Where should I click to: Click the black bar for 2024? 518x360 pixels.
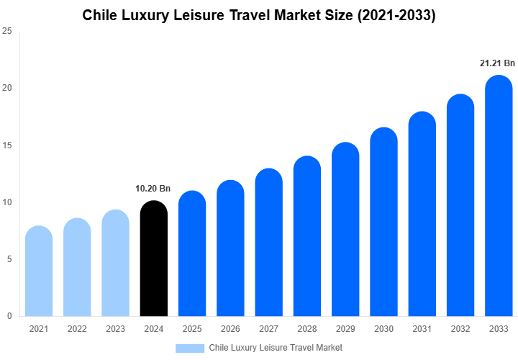click(153, 259)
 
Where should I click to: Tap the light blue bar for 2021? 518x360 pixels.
click(39, 271)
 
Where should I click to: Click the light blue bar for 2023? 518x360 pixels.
click(115, 264)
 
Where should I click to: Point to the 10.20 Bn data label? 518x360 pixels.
click(153, 189)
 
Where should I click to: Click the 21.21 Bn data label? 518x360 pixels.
click(498, 63)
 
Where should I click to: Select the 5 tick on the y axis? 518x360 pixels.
click(9, 259)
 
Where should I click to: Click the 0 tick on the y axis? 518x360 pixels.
click(9, 316)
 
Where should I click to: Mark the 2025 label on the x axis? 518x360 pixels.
click(192, 329)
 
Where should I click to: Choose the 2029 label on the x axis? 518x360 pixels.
click(345, 329)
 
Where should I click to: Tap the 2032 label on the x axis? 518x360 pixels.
click(460, 329)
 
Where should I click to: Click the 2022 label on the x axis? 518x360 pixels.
click(77, 329)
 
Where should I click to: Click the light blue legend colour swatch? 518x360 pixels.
click(190, 348)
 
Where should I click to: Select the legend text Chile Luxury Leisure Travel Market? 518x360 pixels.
click(276, 348)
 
